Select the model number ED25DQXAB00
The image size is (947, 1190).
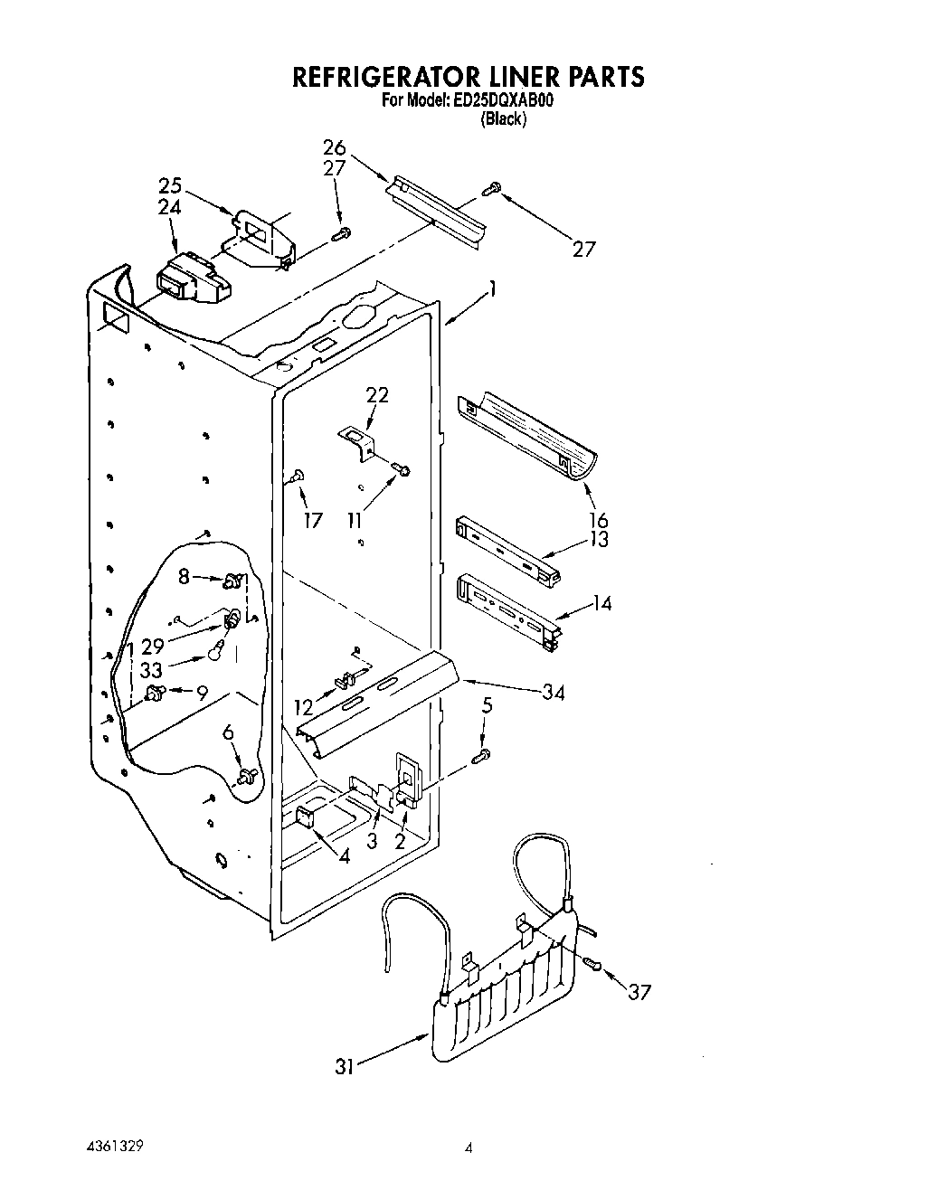pyautogui.click(x=502, y=101)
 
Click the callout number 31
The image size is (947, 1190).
pyautogui.click(x=344, y=1067)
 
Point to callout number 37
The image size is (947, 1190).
pyautogui.click(x=638, y=992)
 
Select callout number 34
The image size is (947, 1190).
pyautogui.click(x=553, y=693)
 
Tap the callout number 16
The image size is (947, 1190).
pyautogui.click(x=598, y=520)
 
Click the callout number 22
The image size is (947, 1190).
pyautogui.click(x=377, y=394)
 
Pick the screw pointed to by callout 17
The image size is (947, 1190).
pyautogui.click(x=297, y=477)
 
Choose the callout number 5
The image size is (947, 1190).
pyautogui.click(x=487, y=706)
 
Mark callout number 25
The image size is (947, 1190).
pyautogui.click(x=170, y=186)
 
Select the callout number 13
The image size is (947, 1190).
pyautogui.click(x=598, y=540)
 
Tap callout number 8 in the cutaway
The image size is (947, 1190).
pyautogui.click(x=185, y=575)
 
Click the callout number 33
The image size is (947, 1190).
pyautogui.click(x=152, y=672)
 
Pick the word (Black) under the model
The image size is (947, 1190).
pyautogui.click(x=503, y=118)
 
